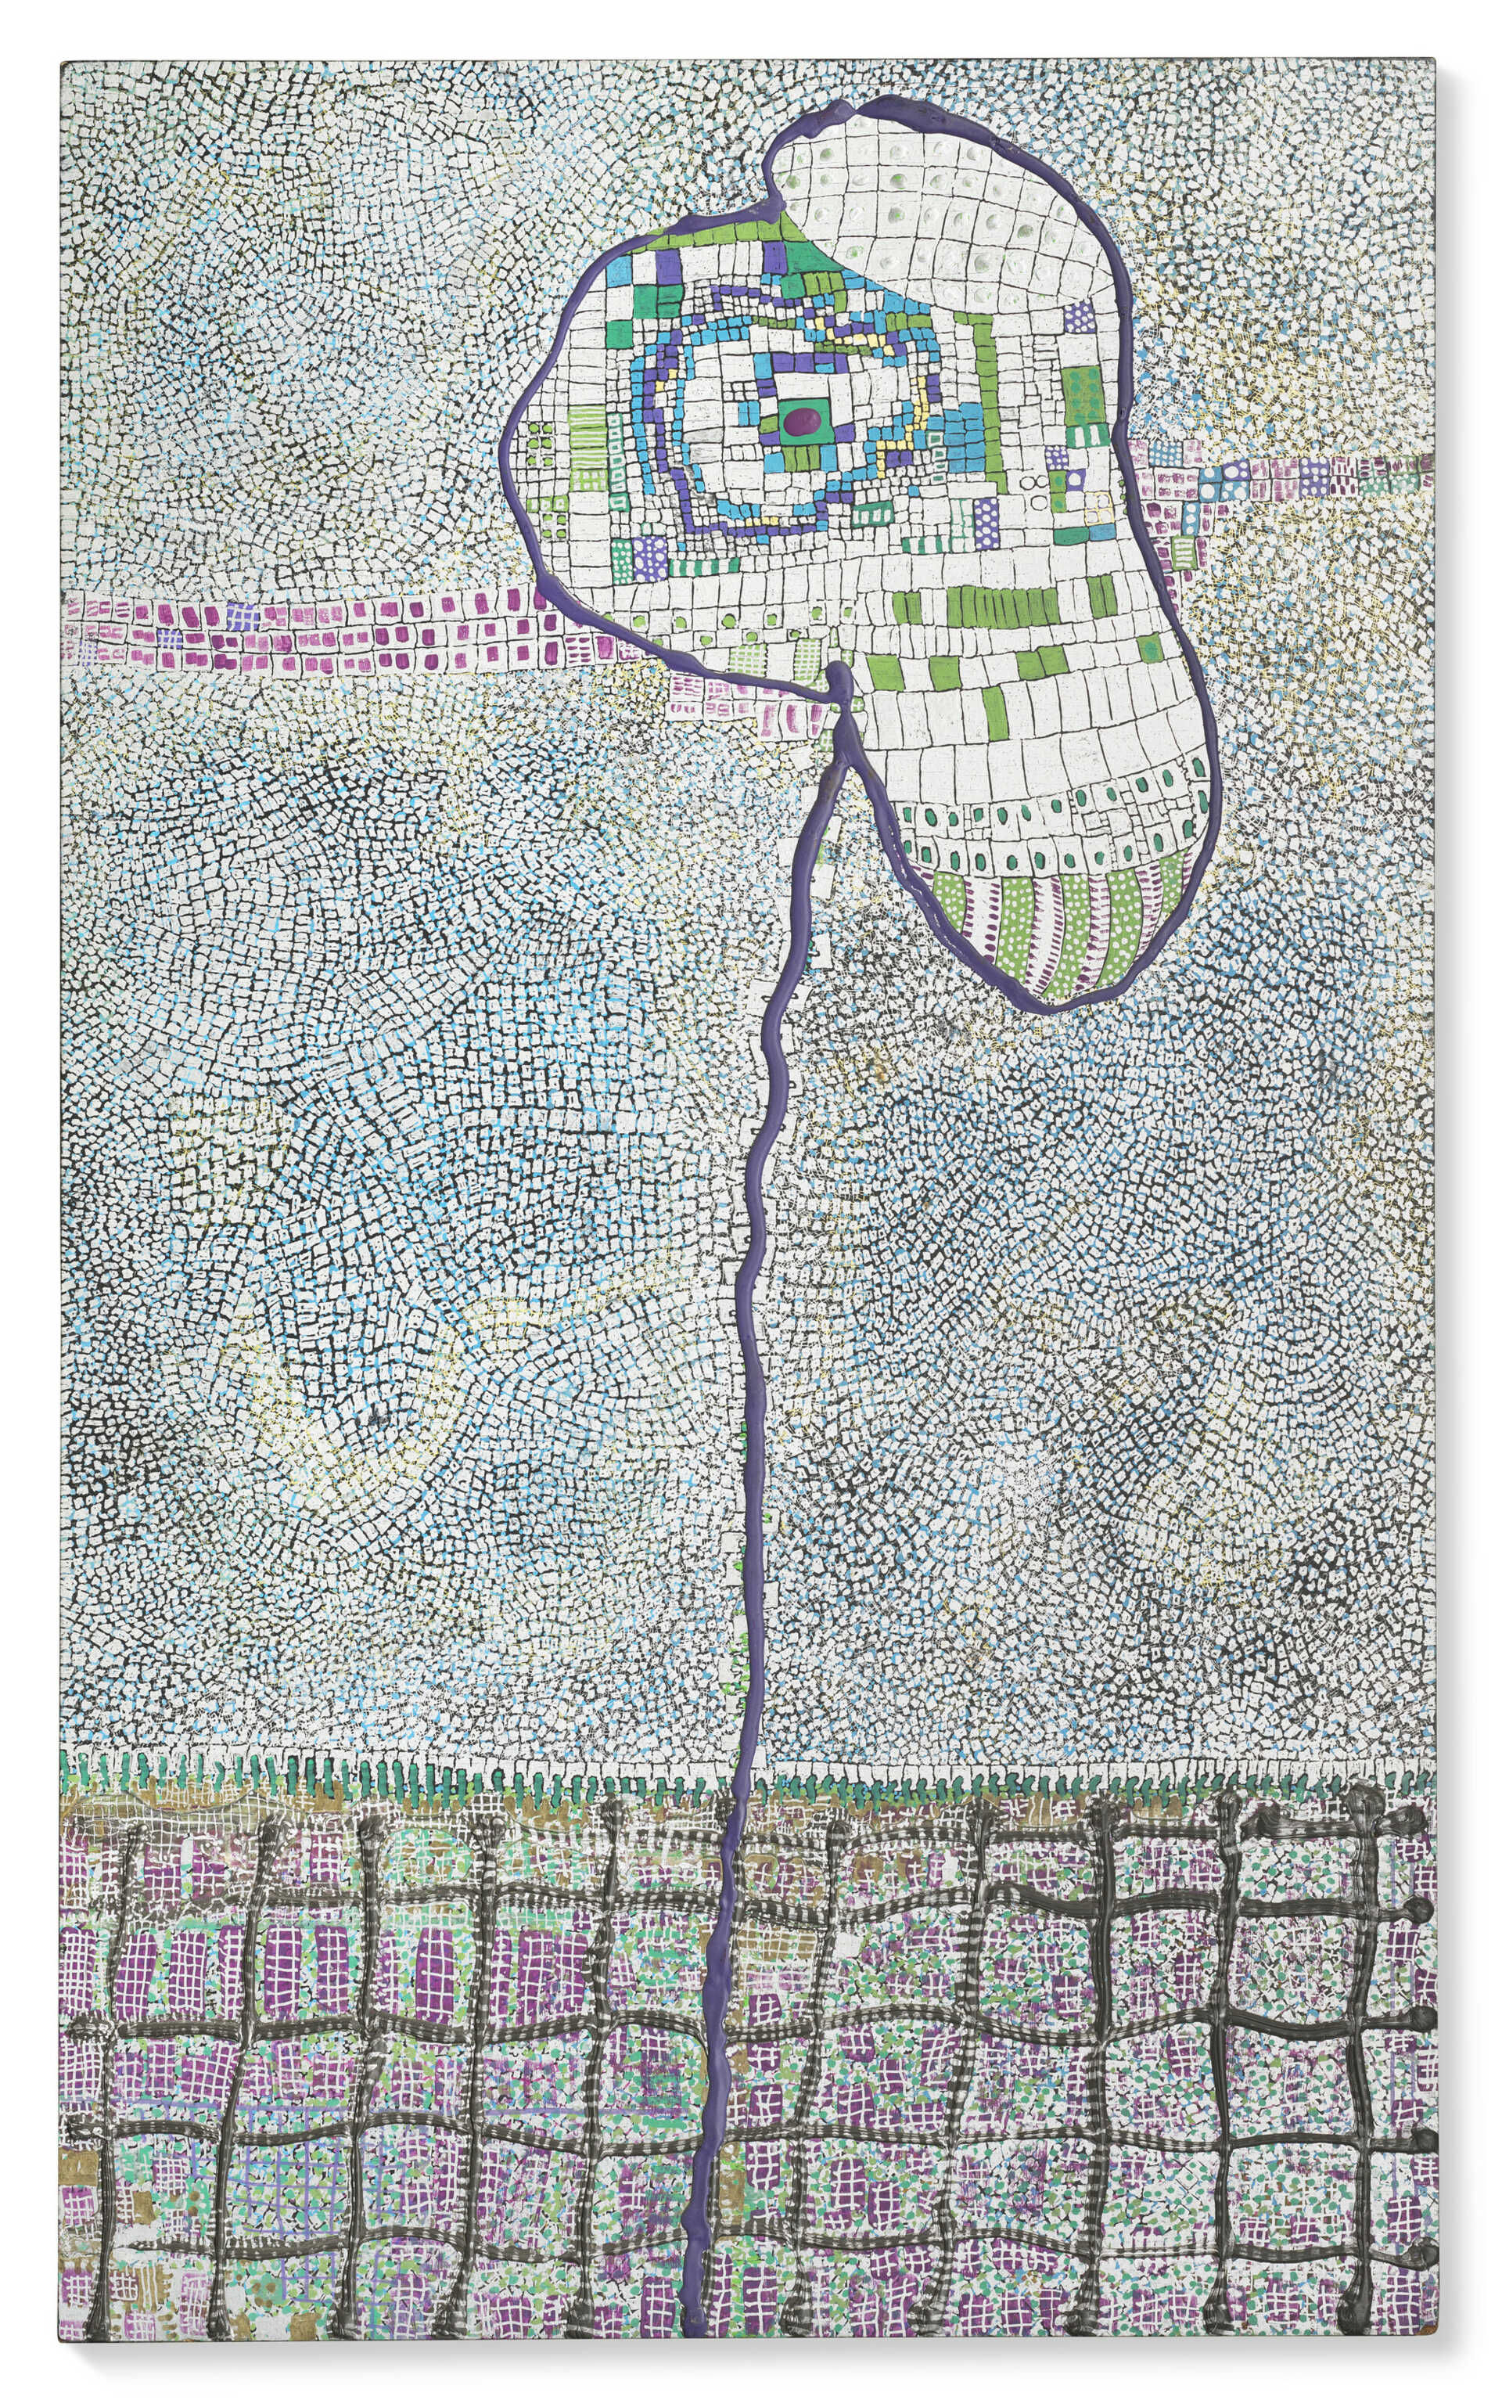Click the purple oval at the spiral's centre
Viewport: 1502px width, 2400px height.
tap(796, 423)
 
